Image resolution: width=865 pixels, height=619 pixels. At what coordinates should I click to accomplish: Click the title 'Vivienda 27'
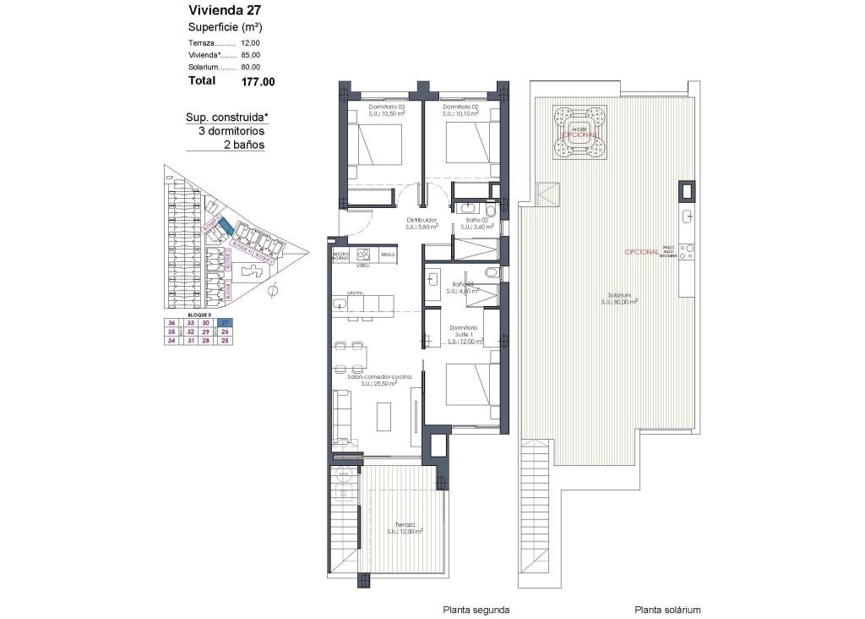coord(221,11)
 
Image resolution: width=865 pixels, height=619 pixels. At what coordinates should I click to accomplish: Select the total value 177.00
coord(258,82)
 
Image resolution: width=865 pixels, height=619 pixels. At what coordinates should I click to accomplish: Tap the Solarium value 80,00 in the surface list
coord(251,67)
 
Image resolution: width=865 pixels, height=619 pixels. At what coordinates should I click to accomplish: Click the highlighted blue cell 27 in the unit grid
coord(225,322)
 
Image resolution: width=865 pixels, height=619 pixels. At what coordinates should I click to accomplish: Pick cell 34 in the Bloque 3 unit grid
coord(171,341)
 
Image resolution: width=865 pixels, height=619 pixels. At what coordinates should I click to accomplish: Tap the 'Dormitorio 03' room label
coord(388,107)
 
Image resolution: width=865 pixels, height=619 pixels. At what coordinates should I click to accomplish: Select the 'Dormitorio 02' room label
coord(461,107)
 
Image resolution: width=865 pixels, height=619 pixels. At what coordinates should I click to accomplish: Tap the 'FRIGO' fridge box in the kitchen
coord(388,254)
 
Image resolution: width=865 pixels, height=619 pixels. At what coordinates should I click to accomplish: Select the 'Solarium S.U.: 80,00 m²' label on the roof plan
coord(620,298)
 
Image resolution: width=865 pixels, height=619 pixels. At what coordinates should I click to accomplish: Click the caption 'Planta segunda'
coord(476,609)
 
